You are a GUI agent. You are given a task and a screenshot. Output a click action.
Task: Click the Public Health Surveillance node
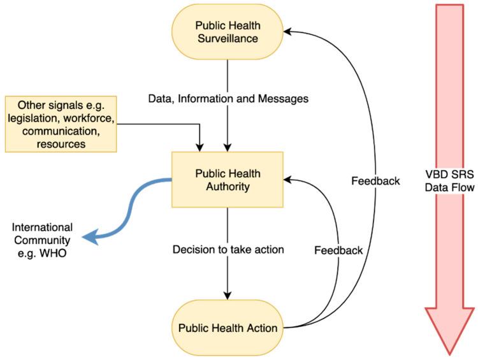coord(228,31)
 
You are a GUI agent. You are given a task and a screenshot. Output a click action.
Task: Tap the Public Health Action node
coord(228,328)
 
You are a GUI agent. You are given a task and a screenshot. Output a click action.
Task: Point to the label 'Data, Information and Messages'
coord(228,99)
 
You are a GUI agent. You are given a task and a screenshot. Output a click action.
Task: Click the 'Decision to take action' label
coord(228,248)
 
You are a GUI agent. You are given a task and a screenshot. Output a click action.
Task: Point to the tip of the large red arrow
coord(450,352)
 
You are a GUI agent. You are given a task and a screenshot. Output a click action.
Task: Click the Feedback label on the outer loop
coord(375,180)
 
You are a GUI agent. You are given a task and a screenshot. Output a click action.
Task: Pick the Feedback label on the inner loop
coord(338,250)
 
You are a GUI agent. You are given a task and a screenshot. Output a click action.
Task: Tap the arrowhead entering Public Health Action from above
coord(228,295)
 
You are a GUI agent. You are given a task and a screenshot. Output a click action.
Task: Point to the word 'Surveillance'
coord(228,38)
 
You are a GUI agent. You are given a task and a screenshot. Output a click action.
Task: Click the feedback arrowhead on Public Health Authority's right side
coord(287,180)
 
